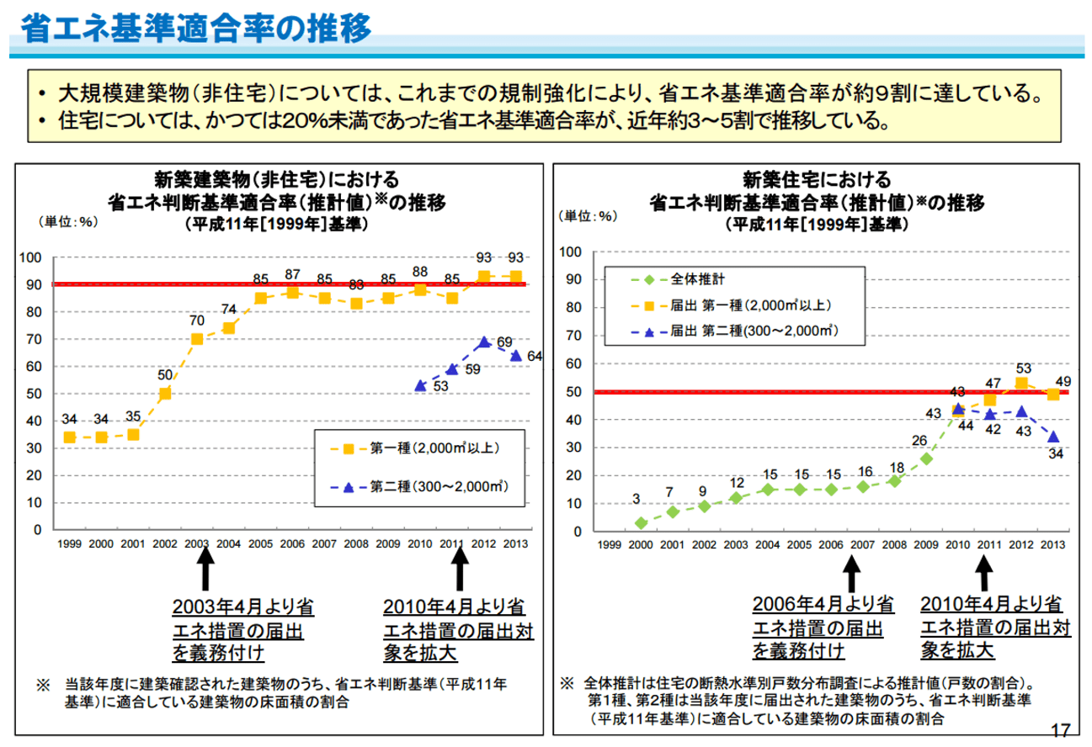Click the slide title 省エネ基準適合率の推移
click(195, 29)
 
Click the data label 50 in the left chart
click(165, 374)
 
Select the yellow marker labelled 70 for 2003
click(197, 339)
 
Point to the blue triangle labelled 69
click(483, 342)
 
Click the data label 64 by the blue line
click(535, 356)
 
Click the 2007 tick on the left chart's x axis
click(324, 544)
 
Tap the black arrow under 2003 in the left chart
click(205, 572)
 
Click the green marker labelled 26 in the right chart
click(926, 458)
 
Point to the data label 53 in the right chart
click(1023, 367)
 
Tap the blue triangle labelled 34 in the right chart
click(1052, 437)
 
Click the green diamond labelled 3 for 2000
click(641, 523)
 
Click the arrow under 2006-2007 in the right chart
click(851, 573)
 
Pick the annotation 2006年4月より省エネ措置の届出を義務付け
click(823, 628)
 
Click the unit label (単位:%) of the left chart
click(67, 221)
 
